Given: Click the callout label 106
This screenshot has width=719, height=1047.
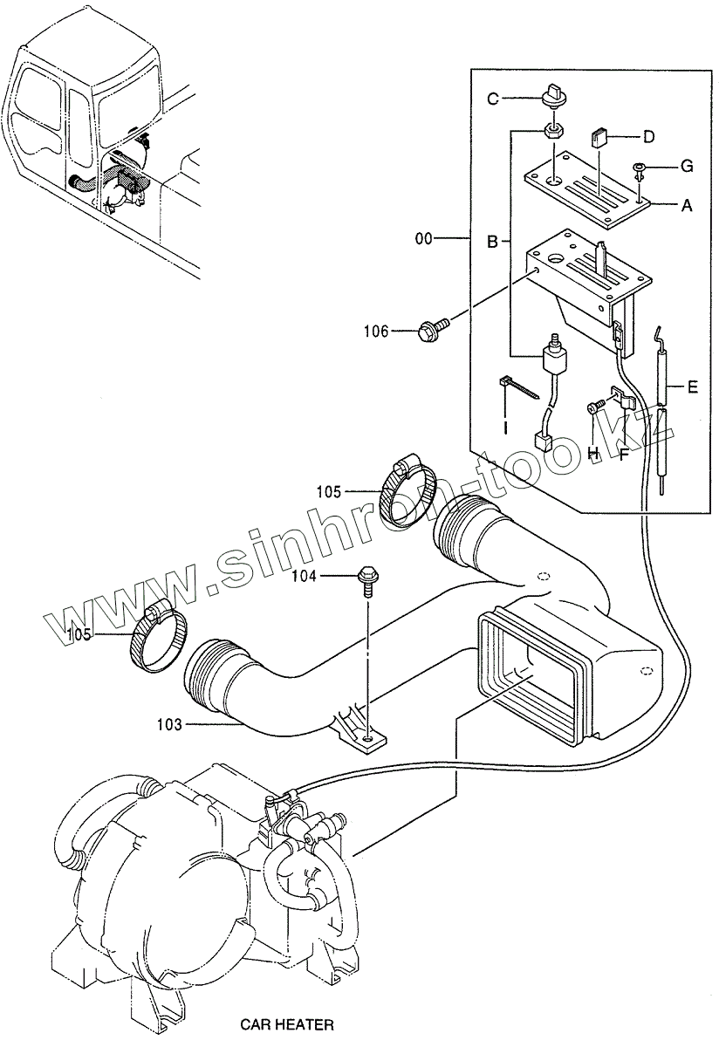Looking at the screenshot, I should point(376,330).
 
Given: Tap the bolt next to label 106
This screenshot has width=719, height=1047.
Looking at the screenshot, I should point(432,329).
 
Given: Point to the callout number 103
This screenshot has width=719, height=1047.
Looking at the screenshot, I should point(171,724).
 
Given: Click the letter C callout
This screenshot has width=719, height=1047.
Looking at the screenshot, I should point(492,99).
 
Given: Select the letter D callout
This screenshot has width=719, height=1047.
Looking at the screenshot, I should point(648,136).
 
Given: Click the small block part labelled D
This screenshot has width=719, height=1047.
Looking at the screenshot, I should point(599,138).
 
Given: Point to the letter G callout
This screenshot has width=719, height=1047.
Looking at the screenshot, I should point(687,165).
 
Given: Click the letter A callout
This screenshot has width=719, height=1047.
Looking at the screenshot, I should point(687,206).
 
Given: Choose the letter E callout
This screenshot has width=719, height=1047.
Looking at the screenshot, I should point(692,387).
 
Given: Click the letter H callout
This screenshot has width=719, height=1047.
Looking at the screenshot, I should point(592,452).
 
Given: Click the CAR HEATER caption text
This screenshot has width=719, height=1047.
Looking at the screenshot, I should point(287,1024).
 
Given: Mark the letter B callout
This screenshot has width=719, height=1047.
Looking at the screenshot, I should point(492,242).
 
